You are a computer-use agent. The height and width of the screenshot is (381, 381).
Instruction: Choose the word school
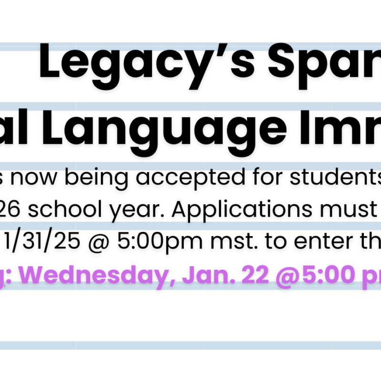click(65, 209)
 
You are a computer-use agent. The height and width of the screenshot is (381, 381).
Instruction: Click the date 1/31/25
click(42, 241)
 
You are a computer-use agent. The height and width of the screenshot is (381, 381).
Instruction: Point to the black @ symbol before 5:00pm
click(99, 242)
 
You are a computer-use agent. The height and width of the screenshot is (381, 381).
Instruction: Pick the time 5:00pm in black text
click(160, 242)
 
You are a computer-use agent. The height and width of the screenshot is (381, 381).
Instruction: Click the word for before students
click(267, 177)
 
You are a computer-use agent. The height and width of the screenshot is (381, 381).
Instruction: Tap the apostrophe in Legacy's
click(223, 50)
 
